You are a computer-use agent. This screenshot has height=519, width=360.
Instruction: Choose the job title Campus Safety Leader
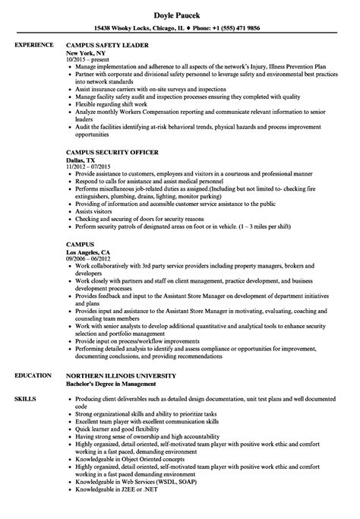click(x=115, y=45)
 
